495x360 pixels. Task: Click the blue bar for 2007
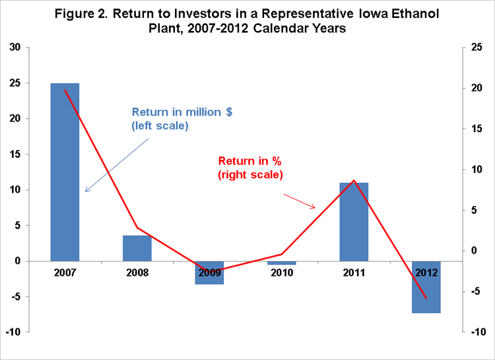pyautogui.click(x=65, y=172)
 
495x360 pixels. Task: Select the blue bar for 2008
pyautogui.click(x=137, y=248)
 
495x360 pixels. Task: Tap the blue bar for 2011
pyautogui.click(x=354, y=222)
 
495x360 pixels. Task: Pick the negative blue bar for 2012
pyautogui.click(x=426, y=287)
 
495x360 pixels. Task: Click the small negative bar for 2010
pyautogui.click(x=282, y=263)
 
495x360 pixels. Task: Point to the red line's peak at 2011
pyautogui.click(x=354, y=180)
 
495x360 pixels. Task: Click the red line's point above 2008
pyautogui.click(x=137, y=228)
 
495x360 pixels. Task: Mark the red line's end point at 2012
pyautogui.click(x=426, y=298)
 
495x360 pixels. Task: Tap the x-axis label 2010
pyautogui.click(x=282, y=273)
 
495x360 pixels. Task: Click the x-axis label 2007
pyautogui.click(x=65, y=273)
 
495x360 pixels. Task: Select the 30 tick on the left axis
pyautogui.click(x=15, y=48)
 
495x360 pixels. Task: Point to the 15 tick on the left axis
pyautogui.click(x=15, y=155)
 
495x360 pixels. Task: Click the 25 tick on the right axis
pyautogui.click(x=477, y=48)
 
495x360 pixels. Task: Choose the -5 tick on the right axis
pyautogui.click(x=475, y=291)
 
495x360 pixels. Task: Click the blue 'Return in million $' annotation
pyautogui.click(x=182, y=119)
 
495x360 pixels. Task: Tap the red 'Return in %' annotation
pyautogui.click(x=250, y=168)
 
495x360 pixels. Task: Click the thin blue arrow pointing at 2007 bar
pyautogui.click(x=117, y=165)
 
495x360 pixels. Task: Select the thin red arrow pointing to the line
pyautogui.click(x=299, y=201)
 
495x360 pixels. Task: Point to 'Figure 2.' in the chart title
pyautogui.click(x=81, y=14)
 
